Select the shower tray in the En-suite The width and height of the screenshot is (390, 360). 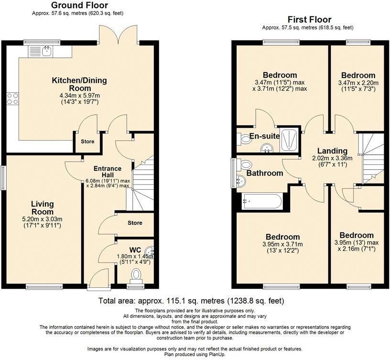pos(289,138)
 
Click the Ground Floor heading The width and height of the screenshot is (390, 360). pos(79,5)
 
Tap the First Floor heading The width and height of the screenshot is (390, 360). pos(309,20)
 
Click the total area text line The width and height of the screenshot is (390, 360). pos(191,301)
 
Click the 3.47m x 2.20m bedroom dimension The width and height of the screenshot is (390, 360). pos(357,86)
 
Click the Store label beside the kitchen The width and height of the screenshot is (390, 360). pos(87,142)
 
